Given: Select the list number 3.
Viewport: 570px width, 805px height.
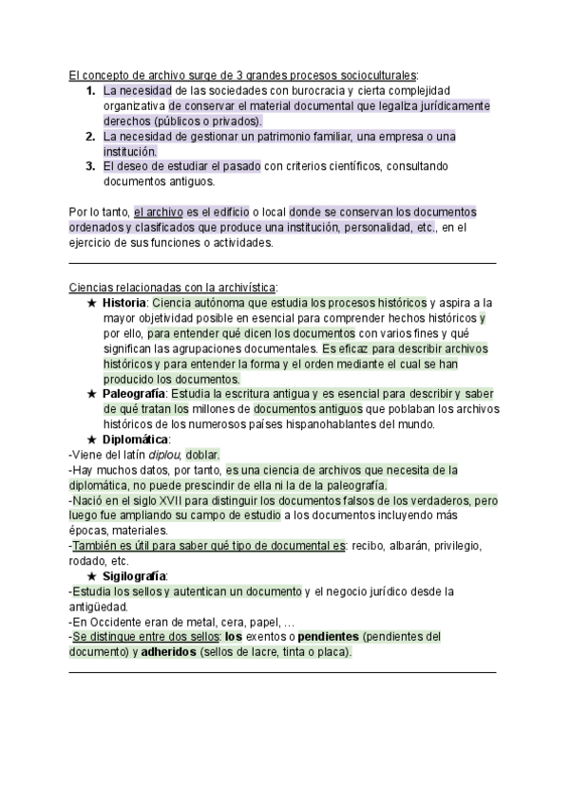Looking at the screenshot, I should (90, 166).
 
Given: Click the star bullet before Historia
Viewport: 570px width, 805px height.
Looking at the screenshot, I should (91, 302).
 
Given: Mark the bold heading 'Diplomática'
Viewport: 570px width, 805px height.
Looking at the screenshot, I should (135, 440).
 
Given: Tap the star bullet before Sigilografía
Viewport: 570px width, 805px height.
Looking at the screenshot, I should (91, 576).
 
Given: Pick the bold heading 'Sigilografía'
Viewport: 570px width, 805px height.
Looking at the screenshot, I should (135, 576).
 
